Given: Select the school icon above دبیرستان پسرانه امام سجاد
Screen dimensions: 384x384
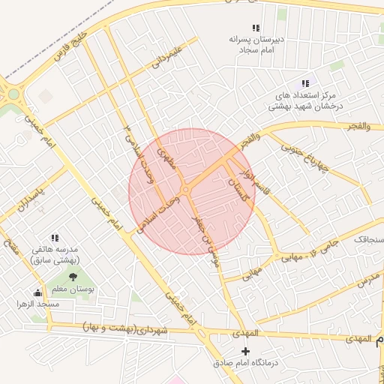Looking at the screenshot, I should pyautogui.click(x=256, y=27).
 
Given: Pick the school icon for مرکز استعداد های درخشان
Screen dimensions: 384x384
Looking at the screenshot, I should pyautogui.click(x=304, y=83).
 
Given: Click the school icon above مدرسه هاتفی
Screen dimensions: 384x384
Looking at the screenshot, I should pyautogui.click(x=54, y=237).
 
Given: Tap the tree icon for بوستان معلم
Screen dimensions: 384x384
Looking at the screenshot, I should pyautogui.click(x=73, y=277).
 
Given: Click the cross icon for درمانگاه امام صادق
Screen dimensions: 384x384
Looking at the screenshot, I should pyautogui.click(x=245, y=351).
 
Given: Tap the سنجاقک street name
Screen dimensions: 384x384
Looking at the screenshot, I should pyautogui.click(x=367, y=239).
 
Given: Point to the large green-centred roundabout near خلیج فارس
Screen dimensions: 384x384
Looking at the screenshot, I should pyautogui.click(x=13, y=95).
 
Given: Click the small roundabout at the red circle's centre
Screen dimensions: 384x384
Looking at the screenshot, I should pyautogui.click(x=184, y=190).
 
